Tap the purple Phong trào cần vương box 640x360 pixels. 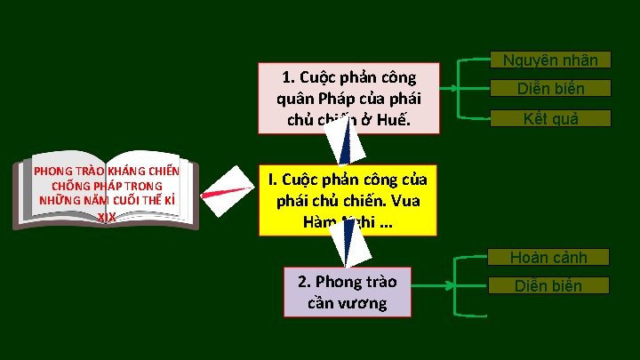click(x=348, y=292)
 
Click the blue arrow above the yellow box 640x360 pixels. click(x=338, y=142)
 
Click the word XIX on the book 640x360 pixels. click(x=106, y=217)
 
